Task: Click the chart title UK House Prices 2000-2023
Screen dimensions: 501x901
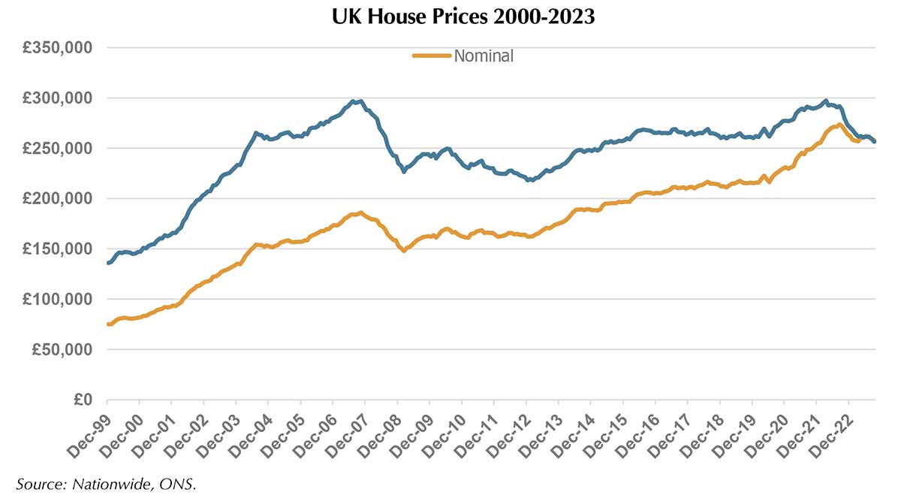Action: coord(463,17)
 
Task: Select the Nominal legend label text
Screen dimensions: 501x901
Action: coord(484,56)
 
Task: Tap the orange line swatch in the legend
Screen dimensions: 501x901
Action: coord(432,56)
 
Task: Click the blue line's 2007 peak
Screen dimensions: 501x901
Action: coord(360,101)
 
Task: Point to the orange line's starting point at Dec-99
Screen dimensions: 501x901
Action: coord(108,324)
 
